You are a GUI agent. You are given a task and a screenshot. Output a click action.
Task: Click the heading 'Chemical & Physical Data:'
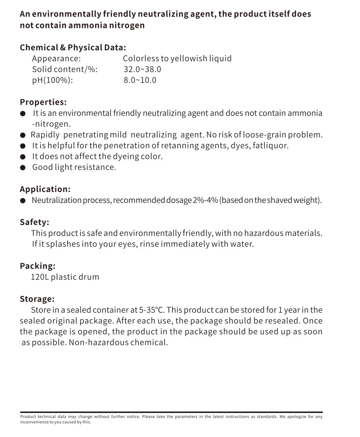click(73, 48)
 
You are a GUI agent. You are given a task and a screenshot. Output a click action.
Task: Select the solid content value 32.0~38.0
click(142, 69)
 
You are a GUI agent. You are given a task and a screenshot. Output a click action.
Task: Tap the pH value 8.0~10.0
click(140, 80)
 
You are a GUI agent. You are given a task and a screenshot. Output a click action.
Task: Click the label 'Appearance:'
click(56, 59)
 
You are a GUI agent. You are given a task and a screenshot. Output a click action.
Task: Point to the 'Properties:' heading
click(43, 102)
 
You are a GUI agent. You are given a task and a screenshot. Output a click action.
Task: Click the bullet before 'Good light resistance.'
click(23, 168)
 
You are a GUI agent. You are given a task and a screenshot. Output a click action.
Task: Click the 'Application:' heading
click(45, 189)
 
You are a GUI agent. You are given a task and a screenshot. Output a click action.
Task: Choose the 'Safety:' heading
click(34, 222)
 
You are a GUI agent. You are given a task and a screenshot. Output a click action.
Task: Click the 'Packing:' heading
click(38, 266)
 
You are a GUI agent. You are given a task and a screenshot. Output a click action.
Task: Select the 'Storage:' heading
click(37, 299)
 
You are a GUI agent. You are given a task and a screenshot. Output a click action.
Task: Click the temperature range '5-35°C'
click(152, 310)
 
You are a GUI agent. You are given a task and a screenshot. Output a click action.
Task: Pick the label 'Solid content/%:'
click(65, 69)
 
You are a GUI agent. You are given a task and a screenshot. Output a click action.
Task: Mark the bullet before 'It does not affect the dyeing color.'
click(23, 157)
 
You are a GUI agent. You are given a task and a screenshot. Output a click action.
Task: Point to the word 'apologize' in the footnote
click(298, 417)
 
